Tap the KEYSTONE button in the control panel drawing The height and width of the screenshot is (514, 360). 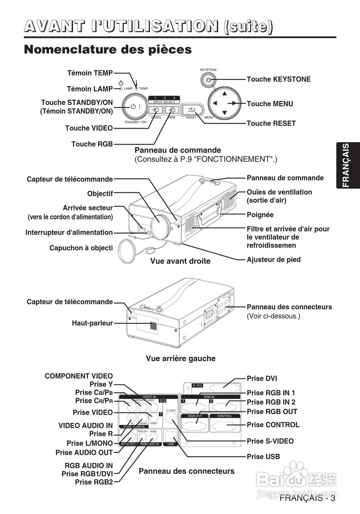(x=208, y=80)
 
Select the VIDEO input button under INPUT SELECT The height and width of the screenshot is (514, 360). (x=155, y=110)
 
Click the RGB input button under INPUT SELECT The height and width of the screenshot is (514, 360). (x=172, y=110)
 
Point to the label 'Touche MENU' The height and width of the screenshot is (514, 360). (x=270, y=104)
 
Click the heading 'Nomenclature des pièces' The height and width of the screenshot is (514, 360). (x=108, y=50)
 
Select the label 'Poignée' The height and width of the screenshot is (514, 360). (x=260, y=215)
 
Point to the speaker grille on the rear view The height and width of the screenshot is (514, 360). (x=153, y=326)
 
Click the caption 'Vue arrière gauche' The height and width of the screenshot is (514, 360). (x=180, y=358)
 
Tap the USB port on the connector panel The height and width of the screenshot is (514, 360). (x=171, y=436)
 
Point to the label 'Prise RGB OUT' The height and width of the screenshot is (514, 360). (x=272, y=412)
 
